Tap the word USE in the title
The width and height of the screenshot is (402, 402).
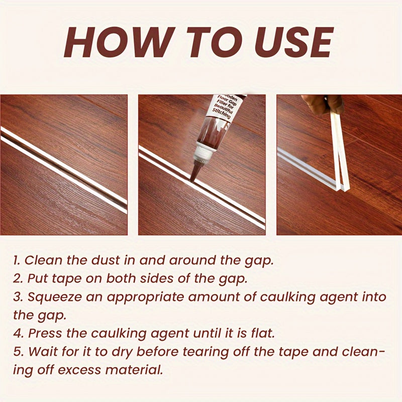coord(293,42)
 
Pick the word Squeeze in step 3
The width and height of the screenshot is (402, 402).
coord(55,297)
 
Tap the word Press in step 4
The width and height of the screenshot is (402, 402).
coord(45,334)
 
